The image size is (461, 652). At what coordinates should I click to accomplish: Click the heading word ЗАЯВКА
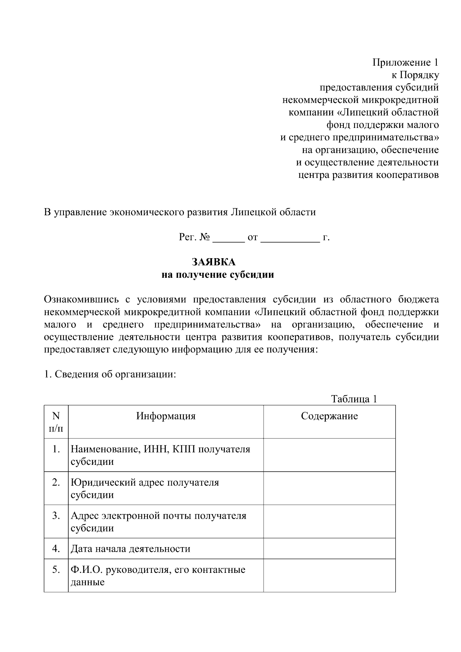(x=214, y=262)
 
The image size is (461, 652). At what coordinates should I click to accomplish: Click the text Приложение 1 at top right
(x=405, y=62)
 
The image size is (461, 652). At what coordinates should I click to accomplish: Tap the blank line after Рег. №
(x=229, y=238)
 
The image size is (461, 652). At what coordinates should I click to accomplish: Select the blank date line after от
(x=290, y=238)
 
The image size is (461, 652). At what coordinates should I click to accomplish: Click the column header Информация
(x=166, y=416)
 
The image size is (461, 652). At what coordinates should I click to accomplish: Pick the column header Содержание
(x=329, y=416)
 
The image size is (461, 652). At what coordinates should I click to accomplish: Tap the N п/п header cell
(x=56, y=421)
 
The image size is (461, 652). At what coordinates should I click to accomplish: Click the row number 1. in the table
(x=56, y=449)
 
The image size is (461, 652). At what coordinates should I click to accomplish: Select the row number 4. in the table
(x=56, y=548)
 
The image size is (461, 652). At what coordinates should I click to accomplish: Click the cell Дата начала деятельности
(x=131, y=549)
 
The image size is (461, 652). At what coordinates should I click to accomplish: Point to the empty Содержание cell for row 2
(x=329, y=488)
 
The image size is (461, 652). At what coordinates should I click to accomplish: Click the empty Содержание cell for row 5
(x=329, y=575)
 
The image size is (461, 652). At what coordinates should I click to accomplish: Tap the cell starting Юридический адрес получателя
(x=145, y=488)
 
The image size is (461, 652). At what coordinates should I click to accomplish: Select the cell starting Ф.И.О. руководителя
(x=158, y=575)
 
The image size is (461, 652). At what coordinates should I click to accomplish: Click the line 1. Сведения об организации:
(x=110, y=374)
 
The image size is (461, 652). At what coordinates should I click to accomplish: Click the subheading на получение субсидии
(x=217, y=275)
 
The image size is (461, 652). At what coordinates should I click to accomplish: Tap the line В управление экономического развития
(x=180, y=212)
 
